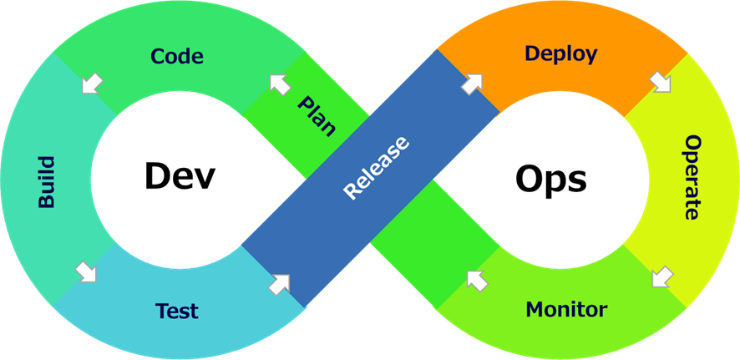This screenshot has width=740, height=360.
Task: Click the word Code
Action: tap(177, 57)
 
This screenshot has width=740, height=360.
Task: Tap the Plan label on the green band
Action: tap(317, 116)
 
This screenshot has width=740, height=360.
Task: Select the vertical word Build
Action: tap(46, 181)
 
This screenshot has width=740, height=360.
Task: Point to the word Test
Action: tap(177, 312)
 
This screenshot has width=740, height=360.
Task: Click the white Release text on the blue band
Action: tap(377, 167)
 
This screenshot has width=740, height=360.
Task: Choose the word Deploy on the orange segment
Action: tap(560, 54)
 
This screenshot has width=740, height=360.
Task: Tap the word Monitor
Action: tap(566, 310)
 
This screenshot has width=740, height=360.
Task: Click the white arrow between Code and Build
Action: tap(92, 83)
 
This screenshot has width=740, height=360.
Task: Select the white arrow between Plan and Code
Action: tap(280, 84)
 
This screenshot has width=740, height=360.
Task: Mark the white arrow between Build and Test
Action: tap(86, 271)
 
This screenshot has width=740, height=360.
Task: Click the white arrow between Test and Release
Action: tap(279, 283)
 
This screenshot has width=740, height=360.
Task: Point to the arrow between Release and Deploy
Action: tap(472, 83)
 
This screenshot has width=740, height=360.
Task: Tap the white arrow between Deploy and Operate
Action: tap(661, 82)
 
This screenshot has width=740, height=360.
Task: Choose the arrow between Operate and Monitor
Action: tap(661, 276)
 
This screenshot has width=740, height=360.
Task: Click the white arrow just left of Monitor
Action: tap(477, 280)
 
